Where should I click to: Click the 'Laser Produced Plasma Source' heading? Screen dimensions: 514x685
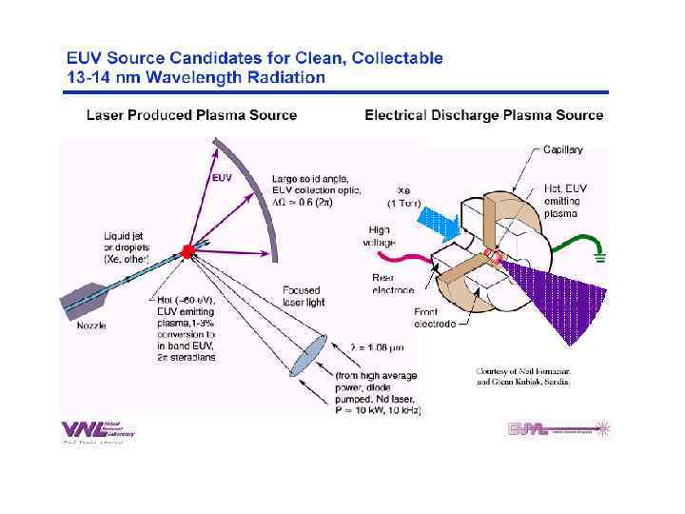point(191,115)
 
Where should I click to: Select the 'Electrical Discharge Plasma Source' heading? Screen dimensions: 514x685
point(484,115)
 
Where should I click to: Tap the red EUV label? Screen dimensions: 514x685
point(221,176)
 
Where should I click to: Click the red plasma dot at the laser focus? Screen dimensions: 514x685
point(188,251)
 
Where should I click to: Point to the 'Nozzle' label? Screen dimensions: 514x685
point(91,326)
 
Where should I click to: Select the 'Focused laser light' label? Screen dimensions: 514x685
point(303,296)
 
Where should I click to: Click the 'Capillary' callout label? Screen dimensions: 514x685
point(563,149)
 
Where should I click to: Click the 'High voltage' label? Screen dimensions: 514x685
point(379,236)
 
